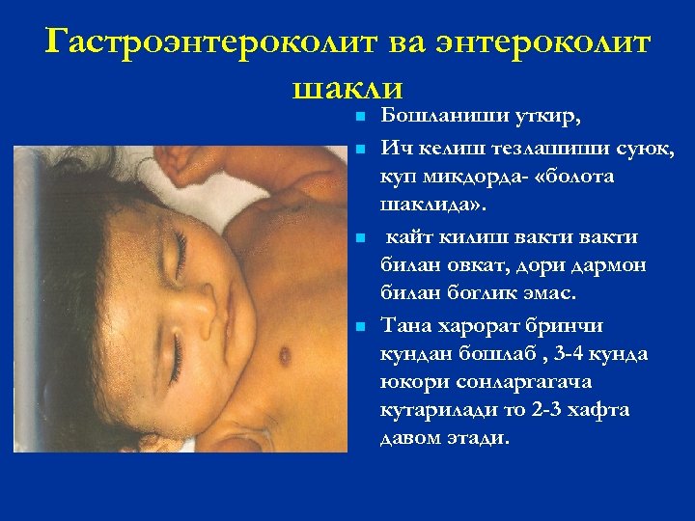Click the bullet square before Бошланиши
coord(358,118)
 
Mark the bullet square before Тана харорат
coord(358,326)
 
